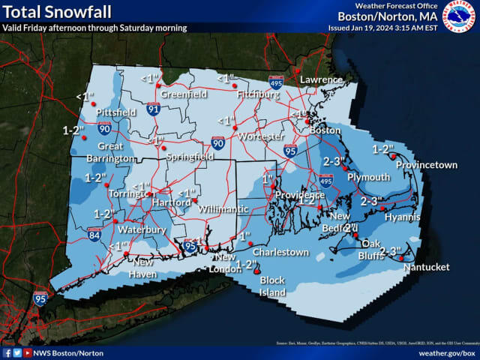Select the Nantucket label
425,268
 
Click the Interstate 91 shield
153,109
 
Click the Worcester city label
257,136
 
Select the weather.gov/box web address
448,352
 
